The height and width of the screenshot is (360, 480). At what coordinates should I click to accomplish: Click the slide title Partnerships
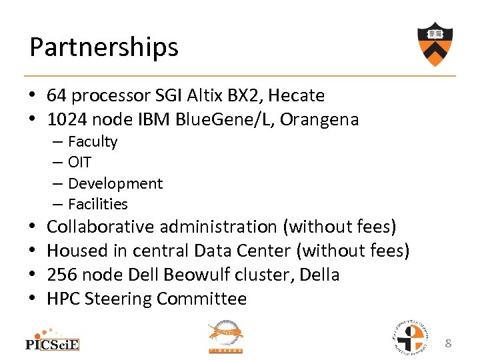pos(104,47)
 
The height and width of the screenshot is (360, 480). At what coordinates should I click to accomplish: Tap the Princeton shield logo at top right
pos(436,44)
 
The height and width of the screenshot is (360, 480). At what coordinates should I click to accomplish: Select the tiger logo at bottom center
pos(226,337)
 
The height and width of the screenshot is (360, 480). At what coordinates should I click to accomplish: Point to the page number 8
pos(449,343)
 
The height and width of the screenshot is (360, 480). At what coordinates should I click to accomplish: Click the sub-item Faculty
pos(93,141)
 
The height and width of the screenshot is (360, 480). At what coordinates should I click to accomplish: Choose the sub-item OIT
pos(79,162)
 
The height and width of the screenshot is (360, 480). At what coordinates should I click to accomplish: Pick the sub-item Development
pos(115,183)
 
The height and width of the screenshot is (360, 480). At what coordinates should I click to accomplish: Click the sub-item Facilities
pos(97,204)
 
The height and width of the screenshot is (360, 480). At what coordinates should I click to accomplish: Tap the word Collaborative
pos(101,227)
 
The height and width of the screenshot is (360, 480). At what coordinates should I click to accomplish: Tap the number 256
pos(61,275)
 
